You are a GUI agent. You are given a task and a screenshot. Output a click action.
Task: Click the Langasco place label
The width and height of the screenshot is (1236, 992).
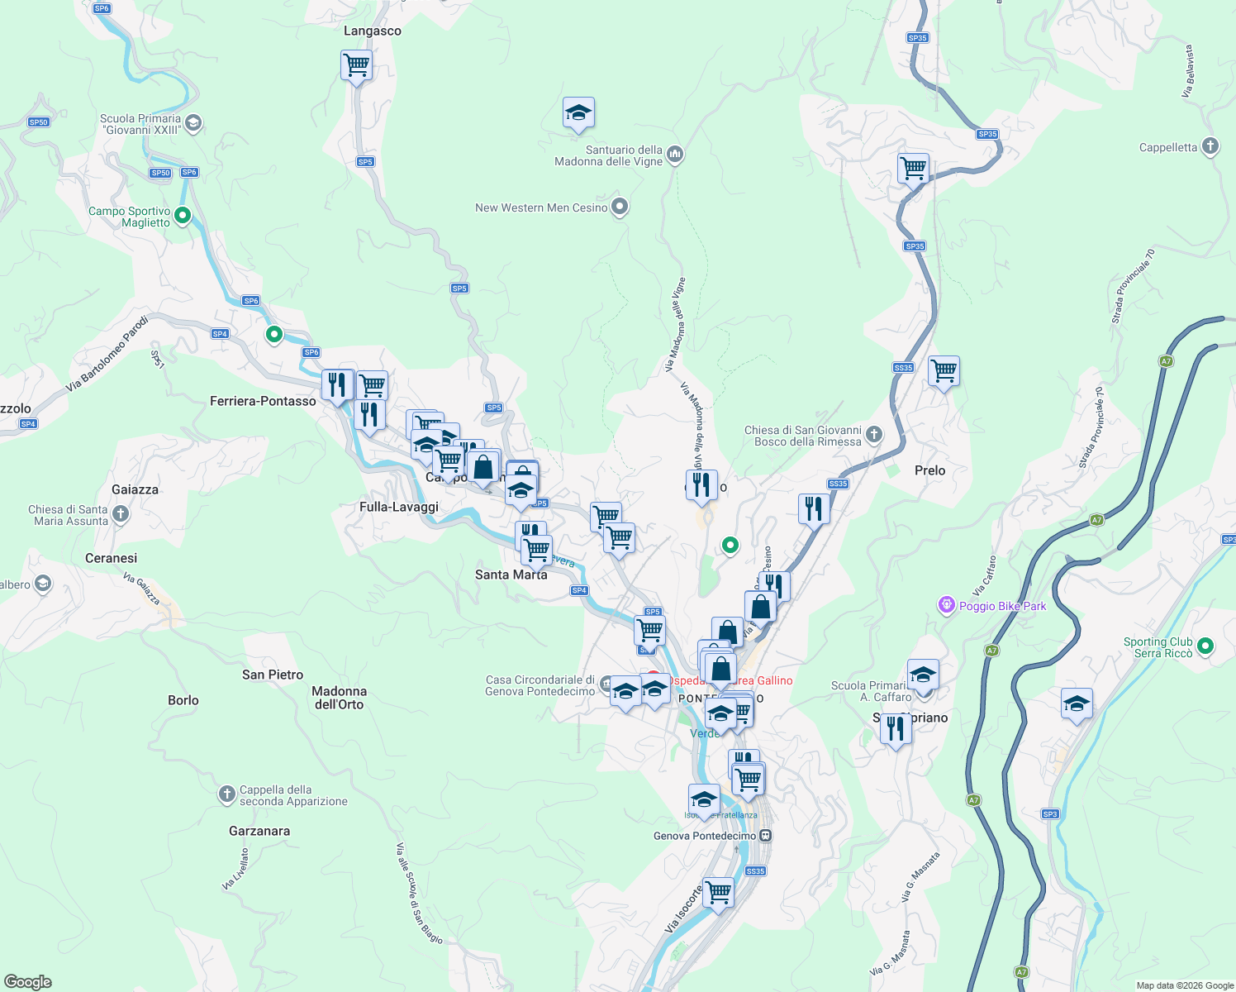click(x=372, y=31)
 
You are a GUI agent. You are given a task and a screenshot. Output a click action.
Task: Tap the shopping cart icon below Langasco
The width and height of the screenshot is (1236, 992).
click(x=356, y=64)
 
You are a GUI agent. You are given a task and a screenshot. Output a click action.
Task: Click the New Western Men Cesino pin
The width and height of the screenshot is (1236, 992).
click(x=620, y=207)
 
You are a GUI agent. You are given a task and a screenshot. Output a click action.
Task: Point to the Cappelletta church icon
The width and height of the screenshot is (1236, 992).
click(x=1210, y=147)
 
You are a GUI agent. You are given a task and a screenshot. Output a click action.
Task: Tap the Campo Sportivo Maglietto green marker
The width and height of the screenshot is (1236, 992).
click(x=183, y=217)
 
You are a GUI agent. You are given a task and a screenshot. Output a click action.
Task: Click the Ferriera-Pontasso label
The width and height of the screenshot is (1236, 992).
click(x=263, y=401)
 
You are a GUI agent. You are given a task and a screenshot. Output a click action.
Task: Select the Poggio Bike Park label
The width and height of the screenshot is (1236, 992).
click(x=1002, y=606)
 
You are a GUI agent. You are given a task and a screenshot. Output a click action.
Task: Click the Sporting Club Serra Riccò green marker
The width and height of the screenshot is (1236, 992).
click(x=1205, y=646)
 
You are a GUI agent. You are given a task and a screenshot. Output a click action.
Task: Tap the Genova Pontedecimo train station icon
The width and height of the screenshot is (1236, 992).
click(x=766, y=836)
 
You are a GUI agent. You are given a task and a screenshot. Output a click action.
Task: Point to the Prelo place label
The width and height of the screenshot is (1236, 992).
click(x=929, y=470)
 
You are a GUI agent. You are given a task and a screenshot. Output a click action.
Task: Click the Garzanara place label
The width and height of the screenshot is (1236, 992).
click(x=259, y=831)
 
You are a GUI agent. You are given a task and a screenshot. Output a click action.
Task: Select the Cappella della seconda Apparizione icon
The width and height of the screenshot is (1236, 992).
click(x=226, y=795)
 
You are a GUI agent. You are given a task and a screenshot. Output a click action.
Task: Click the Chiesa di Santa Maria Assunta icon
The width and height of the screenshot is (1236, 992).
click(x=121, y=515)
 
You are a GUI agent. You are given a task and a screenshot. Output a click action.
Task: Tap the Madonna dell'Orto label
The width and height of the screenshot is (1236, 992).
click(x=339, y=698)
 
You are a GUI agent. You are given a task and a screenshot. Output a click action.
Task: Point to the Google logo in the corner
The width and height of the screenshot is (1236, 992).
click(x=27, y=981)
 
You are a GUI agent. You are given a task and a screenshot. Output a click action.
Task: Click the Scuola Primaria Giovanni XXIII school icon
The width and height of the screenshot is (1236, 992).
click(x=193, y=124)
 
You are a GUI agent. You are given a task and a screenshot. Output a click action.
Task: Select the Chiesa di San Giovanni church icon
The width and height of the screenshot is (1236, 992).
click(x=874, y=435)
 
